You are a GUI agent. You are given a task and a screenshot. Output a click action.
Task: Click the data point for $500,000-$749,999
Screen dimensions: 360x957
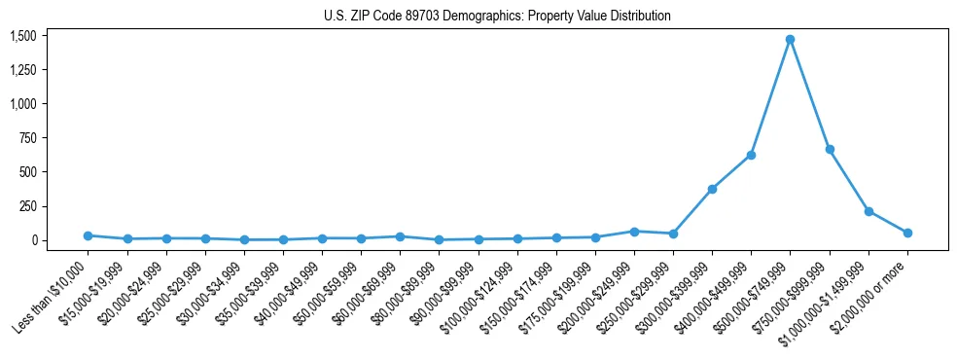pos(791,40)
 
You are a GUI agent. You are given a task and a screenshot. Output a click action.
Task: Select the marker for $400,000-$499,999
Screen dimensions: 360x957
pos(752,155)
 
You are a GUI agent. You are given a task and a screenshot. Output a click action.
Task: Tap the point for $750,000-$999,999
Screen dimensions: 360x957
pos(830,149)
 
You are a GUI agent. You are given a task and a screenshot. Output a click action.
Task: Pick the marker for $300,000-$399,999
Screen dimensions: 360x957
pos(712,189)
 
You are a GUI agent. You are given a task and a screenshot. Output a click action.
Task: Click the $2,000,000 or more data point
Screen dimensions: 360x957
pos(907,233)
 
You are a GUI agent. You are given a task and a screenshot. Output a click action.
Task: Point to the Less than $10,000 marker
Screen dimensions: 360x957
pos(88,235)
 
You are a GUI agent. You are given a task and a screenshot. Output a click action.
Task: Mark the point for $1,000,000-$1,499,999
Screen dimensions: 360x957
pos(868,211)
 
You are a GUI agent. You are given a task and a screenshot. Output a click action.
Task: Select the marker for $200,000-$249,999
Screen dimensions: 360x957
pos(634,232)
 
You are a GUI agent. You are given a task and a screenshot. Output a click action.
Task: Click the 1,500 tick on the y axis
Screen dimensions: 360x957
pos(22,36)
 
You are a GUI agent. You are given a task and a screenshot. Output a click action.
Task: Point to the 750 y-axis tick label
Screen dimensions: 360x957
pos(28,138)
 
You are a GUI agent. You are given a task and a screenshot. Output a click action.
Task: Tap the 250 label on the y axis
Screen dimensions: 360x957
pos(28,206)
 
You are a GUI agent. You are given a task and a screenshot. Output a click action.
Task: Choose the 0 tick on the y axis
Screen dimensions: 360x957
pos(32,240)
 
